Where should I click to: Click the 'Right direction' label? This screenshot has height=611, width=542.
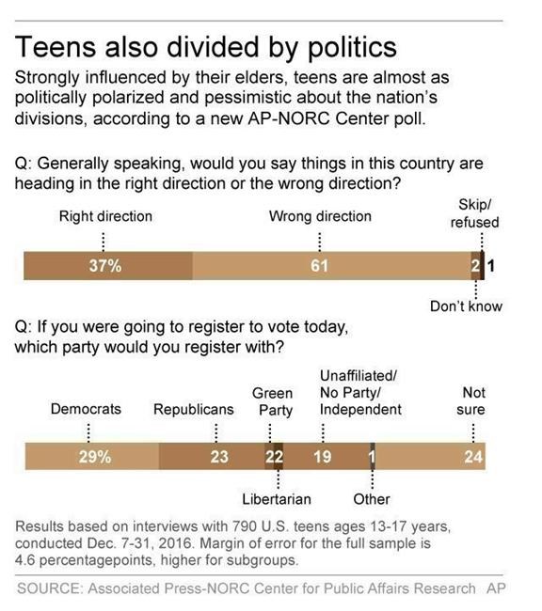coord(105,216)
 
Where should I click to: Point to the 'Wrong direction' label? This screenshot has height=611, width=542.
coord(320,216)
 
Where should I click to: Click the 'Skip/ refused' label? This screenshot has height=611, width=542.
coord(474,213)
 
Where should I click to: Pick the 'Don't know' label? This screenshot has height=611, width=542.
coord(467,305)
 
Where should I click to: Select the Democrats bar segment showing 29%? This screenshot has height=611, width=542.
coord(94,458)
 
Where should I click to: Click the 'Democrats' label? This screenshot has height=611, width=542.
coord(88,410)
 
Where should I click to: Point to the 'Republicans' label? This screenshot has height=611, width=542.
coord(194,410)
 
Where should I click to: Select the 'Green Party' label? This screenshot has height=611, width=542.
coord(274,401)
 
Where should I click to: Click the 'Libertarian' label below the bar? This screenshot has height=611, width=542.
coord(277,498)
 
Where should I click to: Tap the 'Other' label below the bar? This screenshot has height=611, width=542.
coord(372,498)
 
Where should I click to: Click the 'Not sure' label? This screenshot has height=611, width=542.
coord(473,401)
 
